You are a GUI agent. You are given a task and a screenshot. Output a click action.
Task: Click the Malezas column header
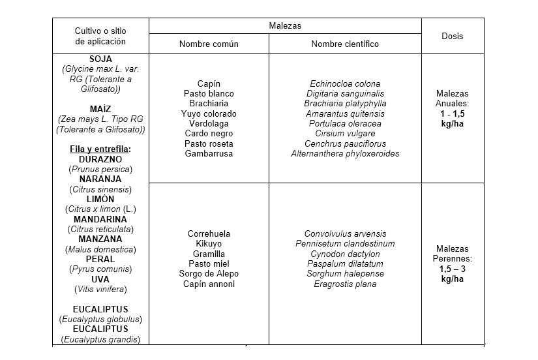click(x=285, y=25)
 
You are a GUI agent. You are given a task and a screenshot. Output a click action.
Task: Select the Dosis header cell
click(x=452, y=36)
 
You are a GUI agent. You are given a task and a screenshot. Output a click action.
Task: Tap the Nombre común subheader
click(x=209, y=44)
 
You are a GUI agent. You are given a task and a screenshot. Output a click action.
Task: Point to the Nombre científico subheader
click(x=345, y=44)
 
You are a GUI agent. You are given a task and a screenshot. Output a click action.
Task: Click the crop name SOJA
click(x=100, y=59)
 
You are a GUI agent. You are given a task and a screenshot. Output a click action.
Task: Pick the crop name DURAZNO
click(x=100, y=159)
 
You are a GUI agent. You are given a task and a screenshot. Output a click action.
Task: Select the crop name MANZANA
click(x=100, y=239)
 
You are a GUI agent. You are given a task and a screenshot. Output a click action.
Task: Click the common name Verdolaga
click(x=209, y=123)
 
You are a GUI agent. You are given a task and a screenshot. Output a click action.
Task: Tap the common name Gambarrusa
click(x=209, y=153)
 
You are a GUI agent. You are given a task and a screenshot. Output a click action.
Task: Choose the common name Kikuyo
click(x=209, y=244)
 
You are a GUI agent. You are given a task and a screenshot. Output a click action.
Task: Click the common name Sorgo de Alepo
click(x=209, y=274)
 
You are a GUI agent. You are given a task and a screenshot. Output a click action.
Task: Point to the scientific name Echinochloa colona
click(x=345, y=83)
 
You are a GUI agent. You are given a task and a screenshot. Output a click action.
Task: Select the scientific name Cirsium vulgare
click(x=345, y=134)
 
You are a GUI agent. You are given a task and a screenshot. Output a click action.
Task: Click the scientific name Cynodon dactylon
click(x=345, y=254)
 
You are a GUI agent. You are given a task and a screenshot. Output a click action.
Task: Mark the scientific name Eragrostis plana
click(x=345, y=284)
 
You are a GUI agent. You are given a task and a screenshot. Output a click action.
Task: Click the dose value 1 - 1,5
click(x=452, y=113)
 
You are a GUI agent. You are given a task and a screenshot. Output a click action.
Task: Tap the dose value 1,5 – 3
click(x=452, y=269)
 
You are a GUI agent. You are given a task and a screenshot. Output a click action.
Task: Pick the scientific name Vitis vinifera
click(x=100, y=289)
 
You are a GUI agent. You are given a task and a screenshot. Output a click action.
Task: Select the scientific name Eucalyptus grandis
click(x=100, y=339)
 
